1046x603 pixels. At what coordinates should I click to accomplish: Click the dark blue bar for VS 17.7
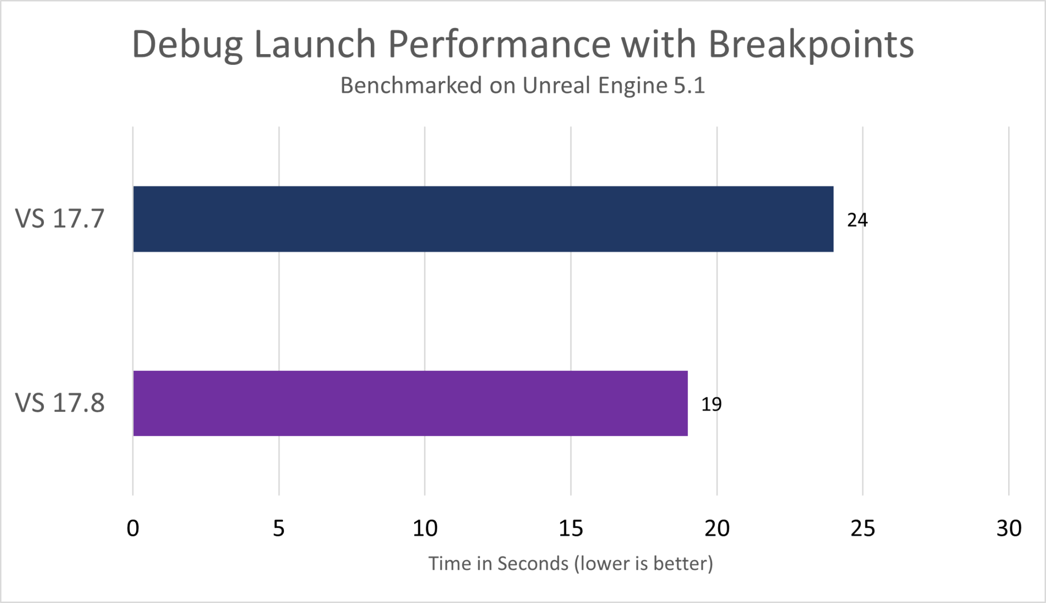point(483,219)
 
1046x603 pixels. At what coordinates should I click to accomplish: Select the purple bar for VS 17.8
point(410,403)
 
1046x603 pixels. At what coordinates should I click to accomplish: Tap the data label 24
point(857,220)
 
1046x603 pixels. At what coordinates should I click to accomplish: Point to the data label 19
point(711,404)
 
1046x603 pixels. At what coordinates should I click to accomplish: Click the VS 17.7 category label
point(60,218)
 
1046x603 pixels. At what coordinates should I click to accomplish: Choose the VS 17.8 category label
point(60,403)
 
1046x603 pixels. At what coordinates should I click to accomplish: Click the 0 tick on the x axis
point(133,529)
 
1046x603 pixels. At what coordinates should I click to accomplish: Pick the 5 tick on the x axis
point(278,529)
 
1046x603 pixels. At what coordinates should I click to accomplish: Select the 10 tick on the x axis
point(425,529)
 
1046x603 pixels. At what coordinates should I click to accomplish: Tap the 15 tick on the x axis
point(570,529)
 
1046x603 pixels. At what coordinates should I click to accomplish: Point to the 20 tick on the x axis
point(717,529)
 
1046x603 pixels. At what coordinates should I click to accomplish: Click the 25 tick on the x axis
point(863,529)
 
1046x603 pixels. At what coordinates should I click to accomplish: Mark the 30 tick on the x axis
point(1009,529)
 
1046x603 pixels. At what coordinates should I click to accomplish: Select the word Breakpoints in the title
point(811,45)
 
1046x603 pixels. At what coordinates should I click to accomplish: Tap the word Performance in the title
point(499,45)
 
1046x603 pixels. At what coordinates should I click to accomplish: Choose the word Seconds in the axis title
point(533,563)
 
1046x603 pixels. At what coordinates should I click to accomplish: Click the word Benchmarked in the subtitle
point(411,85)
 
